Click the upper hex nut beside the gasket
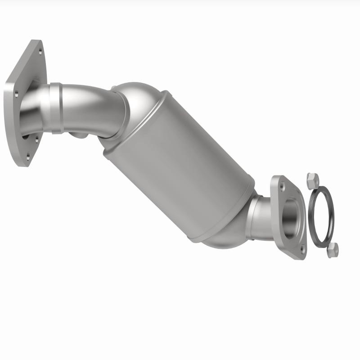click(311, 181)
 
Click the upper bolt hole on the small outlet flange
click(282, 185)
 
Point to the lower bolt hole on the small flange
click(302, 248)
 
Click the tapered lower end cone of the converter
click(225, 236)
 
